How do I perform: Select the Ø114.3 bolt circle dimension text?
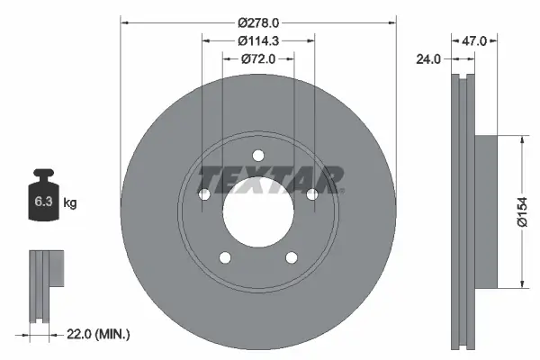click(x=257, y=40)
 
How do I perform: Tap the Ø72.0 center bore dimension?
click(x=257, y=58)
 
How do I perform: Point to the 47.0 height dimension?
click(x=474, y=40)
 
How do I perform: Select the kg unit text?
click(x=69, y=203)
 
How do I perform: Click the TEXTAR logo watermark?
click(x=270, y=179)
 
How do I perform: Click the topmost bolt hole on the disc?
click(x=257, y=154)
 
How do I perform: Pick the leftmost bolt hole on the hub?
click(x=203, y=194)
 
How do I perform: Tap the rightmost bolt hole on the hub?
click(x=312, y=194)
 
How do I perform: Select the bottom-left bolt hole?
click(x=224, y=258)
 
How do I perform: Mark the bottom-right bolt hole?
click(x=292, y=258)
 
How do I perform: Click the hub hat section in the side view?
click(x=484, y=212)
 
